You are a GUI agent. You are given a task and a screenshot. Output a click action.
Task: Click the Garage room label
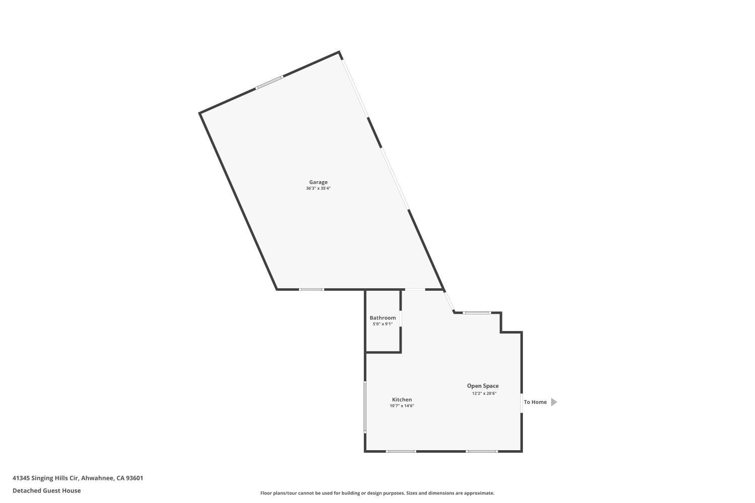pos(318,182)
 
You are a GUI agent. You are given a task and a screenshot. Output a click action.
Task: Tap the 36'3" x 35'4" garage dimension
pos(318,189)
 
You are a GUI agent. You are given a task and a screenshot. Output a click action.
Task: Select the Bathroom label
pos(383,318)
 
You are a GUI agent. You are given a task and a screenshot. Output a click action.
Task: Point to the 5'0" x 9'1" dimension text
pos(383,324)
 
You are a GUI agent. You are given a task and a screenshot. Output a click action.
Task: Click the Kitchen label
pos(402,400)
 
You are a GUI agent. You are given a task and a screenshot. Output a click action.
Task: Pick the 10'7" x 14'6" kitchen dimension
pos(402,406)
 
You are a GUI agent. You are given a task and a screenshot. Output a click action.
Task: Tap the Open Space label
pos(483,386)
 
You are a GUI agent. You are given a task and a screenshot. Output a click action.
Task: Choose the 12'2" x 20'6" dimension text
pos(484,393)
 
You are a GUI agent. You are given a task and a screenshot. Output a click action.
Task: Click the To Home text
pos(535,402)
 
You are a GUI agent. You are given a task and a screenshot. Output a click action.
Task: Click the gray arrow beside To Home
pos(554,402)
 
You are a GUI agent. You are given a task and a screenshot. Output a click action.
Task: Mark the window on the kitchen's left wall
pos(365,407)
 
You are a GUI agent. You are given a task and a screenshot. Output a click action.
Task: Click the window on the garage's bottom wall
pos(311,289)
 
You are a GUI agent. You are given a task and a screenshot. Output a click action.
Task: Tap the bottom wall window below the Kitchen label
pos(401,451)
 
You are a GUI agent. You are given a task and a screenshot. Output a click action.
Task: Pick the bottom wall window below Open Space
pos(482,451)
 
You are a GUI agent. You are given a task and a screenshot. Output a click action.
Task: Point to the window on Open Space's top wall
pos(477,313)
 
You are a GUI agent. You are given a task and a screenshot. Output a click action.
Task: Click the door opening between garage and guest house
pos(415,289)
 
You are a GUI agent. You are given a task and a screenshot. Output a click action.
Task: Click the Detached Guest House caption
pos(46,491)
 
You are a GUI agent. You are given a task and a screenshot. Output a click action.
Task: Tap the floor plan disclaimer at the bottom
pos(377,493)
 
